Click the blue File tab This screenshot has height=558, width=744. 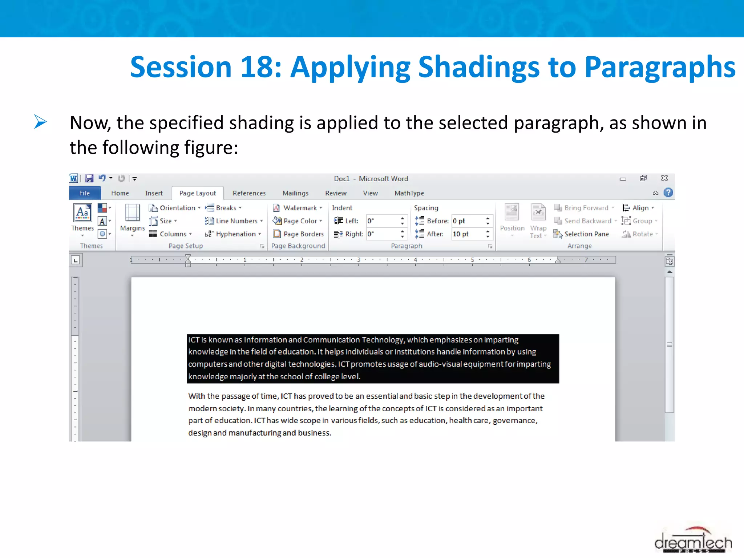point(85,193)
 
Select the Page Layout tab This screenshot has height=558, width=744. point(197,193)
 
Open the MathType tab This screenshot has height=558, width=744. point(409,193)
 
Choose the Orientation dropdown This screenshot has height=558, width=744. point(175,208)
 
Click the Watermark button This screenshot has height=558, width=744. point(298,208)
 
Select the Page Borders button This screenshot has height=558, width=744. point(299,234)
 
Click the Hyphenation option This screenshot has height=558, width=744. point(233,234)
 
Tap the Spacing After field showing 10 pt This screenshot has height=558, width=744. point(467,234)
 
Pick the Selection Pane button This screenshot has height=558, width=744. point(581,234)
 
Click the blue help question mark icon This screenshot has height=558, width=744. point(668,193)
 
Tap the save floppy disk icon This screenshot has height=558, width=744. point(89,178)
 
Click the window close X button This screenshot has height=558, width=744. point(664,178)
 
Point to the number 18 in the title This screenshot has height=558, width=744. point(256,67)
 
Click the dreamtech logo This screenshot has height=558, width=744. point(692,540)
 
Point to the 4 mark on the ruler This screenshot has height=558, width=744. point(415,260)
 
